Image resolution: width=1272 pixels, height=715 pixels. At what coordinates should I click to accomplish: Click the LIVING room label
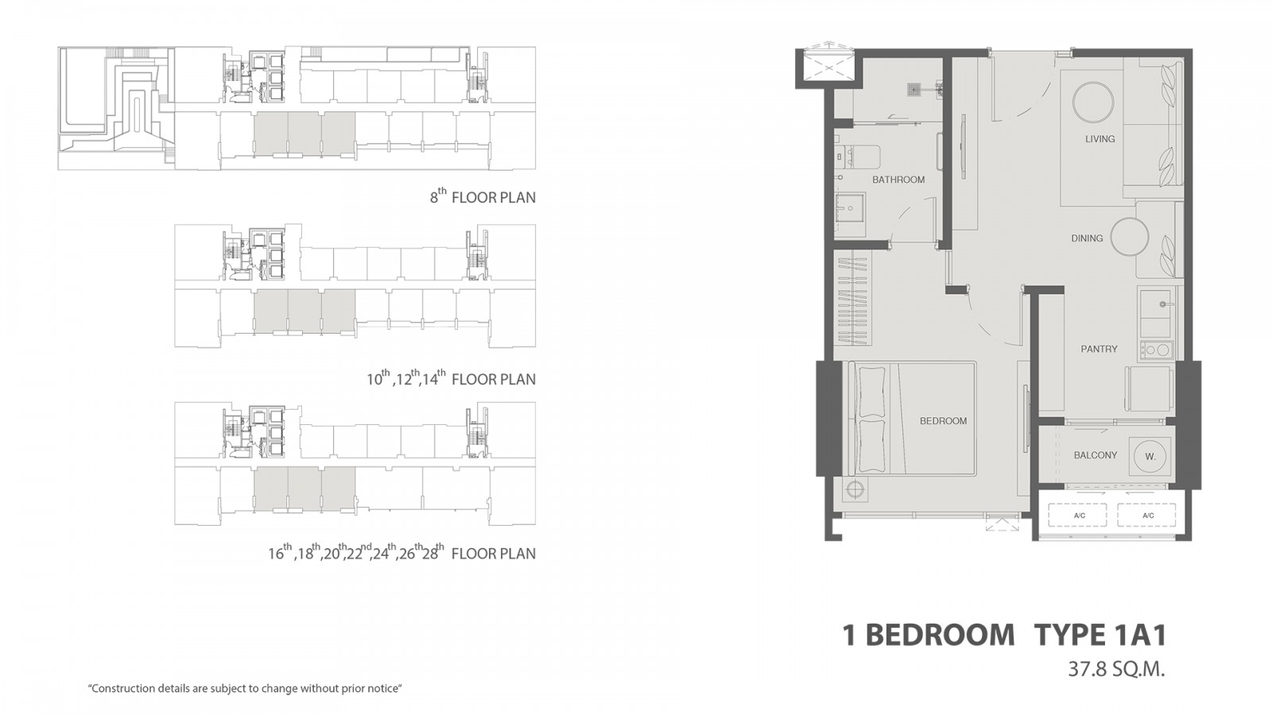[1100, 139]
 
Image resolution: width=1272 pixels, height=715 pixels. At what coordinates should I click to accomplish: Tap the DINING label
[1087, 238]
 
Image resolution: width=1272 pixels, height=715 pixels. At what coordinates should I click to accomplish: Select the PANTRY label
[1099, 349]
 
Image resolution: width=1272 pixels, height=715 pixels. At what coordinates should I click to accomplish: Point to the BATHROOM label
[898, 180]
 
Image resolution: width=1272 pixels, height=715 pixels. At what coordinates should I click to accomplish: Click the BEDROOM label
[943, 421]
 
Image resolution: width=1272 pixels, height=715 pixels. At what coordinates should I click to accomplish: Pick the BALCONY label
[1096, 455]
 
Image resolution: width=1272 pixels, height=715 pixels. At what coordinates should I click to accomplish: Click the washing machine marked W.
[1150, 456]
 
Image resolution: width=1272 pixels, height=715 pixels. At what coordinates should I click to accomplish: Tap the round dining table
[1130, 237]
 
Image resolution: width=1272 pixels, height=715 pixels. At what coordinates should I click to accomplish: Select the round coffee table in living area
[1093, 102]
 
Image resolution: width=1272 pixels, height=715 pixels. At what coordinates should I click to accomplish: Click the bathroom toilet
[857, 156]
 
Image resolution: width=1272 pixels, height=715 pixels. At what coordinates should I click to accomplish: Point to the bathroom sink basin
[850, 207]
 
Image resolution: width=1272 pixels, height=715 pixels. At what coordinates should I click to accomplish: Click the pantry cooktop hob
[1155, 350]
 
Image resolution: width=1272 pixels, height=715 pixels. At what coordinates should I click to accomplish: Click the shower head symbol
[913, 89]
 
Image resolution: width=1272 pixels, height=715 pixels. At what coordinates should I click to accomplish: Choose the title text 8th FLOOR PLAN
[483, 196]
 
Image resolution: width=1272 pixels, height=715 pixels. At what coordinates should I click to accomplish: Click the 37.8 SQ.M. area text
[1116, 670]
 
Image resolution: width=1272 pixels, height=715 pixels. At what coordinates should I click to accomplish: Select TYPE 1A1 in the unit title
[1100, 635]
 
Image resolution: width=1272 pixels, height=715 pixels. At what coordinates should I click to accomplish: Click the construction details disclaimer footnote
[245, 689]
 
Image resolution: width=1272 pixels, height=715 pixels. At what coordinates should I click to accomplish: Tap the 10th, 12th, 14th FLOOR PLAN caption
[451, 378]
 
